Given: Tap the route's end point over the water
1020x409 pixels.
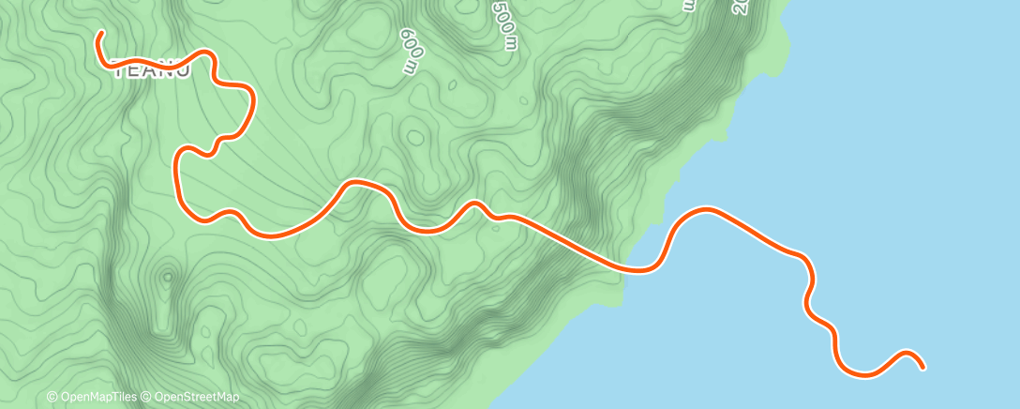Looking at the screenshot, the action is point(923,367).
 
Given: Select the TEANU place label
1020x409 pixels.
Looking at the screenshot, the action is point(151,70).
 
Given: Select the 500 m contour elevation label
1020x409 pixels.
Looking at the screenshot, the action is point(503,24).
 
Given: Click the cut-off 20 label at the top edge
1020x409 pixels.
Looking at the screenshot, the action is point(740,7).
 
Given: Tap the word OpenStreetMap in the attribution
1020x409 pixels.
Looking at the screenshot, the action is point(196,398).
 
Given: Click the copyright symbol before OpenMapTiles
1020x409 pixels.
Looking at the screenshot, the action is point(52,398).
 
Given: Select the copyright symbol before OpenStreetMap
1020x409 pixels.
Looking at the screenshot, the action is point(147,398).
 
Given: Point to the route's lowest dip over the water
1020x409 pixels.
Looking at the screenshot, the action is point(862,375).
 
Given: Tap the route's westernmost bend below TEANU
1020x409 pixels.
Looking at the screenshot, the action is point(176,169).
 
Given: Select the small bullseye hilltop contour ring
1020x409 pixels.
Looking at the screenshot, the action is point(168,277).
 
